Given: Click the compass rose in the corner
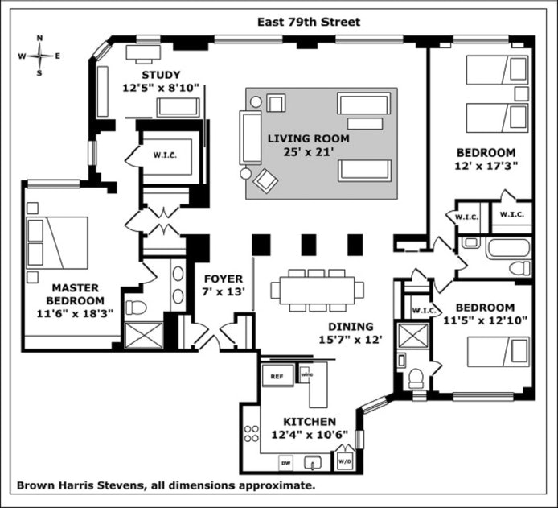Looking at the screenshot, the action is click(x=39, y=56).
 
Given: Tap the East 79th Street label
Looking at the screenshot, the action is click(x=309, y=22).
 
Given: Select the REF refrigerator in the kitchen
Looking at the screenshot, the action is click(x=277, y=376).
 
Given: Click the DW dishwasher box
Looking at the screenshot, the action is click(x=285, y=463).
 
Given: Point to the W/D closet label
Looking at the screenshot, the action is click(x=344, y=461).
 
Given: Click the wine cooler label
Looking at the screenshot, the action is click(x=306, y=375).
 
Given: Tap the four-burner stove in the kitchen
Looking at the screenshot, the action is click(x=251, y=434).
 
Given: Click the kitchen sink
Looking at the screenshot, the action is click(x=313, y=463).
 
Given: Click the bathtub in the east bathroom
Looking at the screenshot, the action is click(x=508, y=248).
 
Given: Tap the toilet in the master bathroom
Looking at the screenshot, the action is click(x=137, y=308).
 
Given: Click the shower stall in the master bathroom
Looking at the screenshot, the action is click(x=144, y=336).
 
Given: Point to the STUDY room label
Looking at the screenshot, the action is click(x=161, y=75).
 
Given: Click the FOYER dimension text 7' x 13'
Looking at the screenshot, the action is click(x=224, y=292).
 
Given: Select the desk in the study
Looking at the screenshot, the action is click(x=143, y=54).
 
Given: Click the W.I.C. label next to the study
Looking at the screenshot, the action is click(x=165, y=155).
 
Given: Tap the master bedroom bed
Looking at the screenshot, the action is click(x=57, y=242).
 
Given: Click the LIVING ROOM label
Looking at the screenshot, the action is click(x=309, y=138).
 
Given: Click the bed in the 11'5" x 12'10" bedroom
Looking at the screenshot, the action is click(x=498, y=353).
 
